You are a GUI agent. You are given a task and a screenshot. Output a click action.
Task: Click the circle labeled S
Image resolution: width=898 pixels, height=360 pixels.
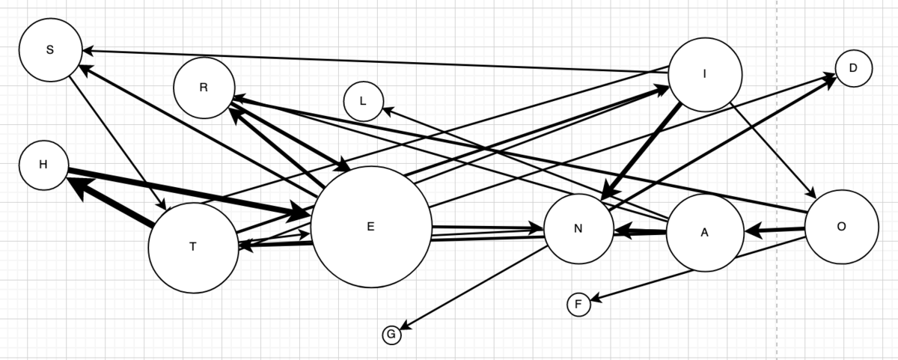(x=51, y=50)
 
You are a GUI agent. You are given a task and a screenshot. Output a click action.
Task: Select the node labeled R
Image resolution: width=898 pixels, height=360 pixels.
(x=204, y=88)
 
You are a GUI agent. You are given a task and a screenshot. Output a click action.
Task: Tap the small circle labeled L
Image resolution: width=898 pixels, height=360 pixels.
(x=364, y=102)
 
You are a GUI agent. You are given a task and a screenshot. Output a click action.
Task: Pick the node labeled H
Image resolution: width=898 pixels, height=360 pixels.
(x=43, y=165)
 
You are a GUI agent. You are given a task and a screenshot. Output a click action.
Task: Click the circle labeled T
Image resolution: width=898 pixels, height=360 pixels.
(x=193, y=248)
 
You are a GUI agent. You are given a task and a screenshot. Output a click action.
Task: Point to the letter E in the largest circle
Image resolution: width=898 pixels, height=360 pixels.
(x=371, y=227)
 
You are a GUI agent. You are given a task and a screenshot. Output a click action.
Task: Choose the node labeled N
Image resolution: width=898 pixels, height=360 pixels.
(x=578, y=229)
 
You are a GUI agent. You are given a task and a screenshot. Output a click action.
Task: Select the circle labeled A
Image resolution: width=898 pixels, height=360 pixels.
(x=705, y=233)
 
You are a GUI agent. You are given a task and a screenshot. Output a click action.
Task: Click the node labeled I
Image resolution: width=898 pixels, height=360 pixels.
(x=705, y=75)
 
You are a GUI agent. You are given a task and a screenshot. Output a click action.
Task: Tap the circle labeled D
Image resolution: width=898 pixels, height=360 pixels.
(x=854, y=68)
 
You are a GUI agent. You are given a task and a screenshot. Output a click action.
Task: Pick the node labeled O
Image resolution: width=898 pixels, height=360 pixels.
(x=842, y=227)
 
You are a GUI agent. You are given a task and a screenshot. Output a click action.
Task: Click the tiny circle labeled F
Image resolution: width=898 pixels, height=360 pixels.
(x=579, y=305)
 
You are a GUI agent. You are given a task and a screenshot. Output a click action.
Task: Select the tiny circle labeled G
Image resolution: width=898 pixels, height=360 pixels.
(x=391, y=335)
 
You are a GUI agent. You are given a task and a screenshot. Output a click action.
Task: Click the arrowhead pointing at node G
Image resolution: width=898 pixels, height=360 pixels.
(x=405, y=326)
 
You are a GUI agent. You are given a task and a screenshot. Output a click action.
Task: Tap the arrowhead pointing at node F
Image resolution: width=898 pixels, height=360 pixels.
(x=596, y=299)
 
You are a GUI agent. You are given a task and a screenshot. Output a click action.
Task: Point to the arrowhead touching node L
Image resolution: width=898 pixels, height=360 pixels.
(x=389, y=111)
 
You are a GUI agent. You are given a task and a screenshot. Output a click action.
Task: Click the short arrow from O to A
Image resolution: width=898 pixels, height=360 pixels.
(x=775, y=231)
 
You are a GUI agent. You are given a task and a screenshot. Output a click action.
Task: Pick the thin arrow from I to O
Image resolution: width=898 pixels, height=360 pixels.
(x=773, y=150)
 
